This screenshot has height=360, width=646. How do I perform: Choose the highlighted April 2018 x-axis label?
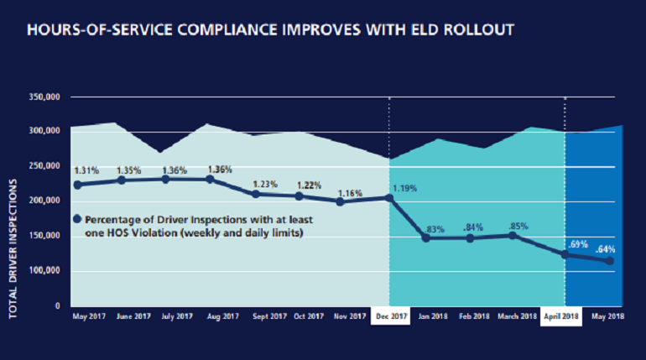pos(565,316)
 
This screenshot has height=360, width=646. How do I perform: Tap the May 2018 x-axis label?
pos(610,316)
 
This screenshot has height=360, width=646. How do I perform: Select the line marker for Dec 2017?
pos(389,198)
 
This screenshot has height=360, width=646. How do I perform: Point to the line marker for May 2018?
pos(610,261)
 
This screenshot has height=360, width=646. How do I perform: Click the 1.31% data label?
pos(86,169)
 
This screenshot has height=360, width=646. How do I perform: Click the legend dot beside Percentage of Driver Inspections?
pos(77,220)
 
